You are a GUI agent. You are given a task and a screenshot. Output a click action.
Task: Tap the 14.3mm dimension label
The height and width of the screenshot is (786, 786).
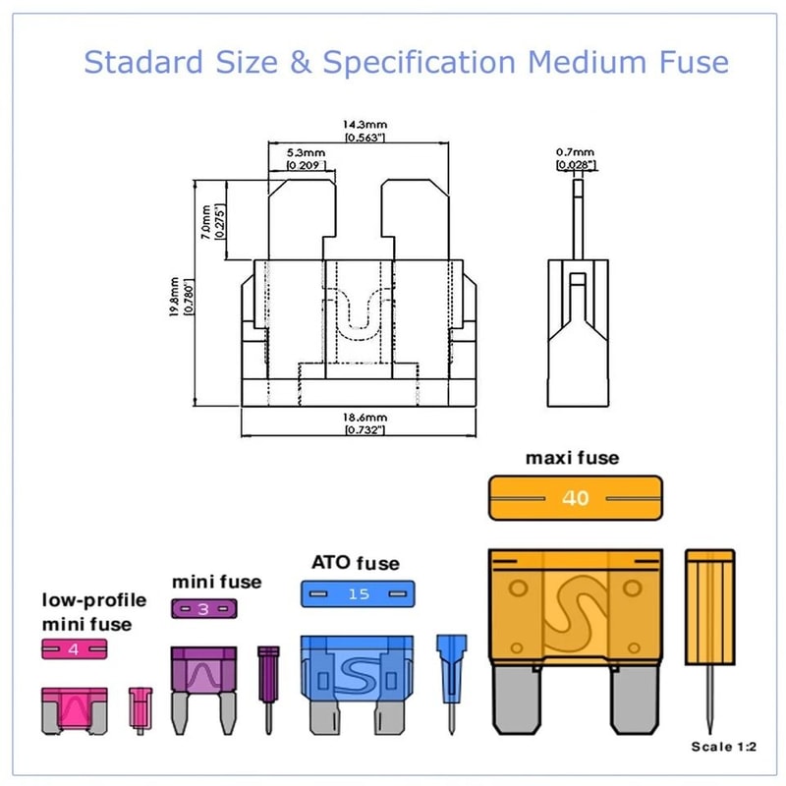point(365,127)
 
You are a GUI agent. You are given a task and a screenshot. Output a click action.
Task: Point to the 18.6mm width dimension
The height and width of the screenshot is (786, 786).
point(365,417)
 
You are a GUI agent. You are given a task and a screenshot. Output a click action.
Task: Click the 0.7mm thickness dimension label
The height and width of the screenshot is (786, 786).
point(576,153)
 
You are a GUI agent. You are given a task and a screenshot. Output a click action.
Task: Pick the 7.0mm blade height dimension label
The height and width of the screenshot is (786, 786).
point(203,222)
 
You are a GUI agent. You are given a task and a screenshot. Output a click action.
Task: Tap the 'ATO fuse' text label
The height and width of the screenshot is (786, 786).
point(356,563)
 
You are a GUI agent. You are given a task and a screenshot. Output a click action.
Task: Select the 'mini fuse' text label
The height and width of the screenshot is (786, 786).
point(216,582)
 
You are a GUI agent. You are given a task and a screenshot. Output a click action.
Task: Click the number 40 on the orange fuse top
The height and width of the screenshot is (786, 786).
point(575,498)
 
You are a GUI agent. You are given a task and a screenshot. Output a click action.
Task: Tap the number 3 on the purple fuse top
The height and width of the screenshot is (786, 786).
point(202,609)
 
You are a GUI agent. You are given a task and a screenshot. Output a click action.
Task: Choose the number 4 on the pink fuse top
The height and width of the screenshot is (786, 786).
point(72,648)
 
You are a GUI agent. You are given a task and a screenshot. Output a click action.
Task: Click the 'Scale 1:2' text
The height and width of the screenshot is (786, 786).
point(725,747)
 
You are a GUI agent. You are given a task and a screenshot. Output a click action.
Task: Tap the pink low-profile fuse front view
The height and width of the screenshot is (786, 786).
point(73,710)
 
